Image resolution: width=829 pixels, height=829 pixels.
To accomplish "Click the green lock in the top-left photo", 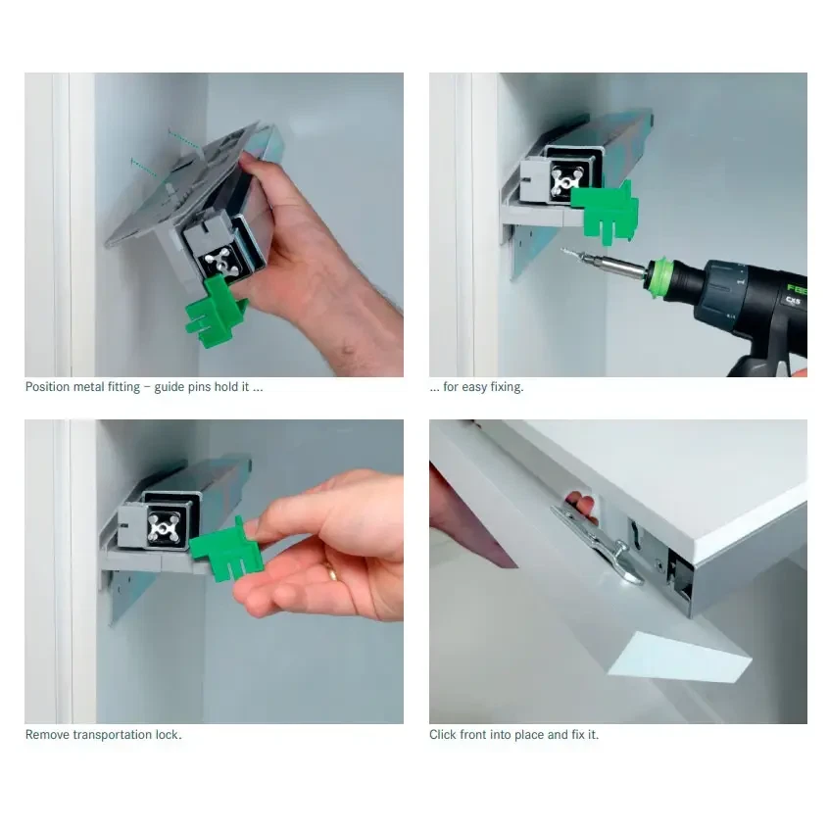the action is point(215,312).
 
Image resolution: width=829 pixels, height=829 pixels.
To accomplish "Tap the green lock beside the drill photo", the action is point(606,212).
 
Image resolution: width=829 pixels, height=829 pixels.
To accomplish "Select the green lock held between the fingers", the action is point(226,550).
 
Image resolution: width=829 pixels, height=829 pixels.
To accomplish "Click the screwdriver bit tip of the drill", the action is point(564,251).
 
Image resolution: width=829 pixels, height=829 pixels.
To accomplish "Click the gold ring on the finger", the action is point(331,572).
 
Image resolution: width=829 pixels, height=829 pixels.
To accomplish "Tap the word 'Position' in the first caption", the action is point(48,387).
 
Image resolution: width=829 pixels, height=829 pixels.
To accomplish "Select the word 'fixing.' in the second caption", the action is point(507,387).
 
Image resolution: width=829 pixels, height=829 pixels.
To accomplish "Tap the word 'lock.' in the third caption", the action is point(169,735).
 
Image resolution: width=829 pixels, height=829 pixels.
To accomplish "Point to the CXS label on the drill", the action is point(793,300).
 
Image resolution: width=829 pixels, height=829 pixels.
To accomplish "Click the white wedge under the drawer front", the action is point(679,658).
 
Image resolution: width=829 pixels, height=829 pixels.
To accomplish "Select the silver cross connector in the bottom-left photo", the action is point(165,528).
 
